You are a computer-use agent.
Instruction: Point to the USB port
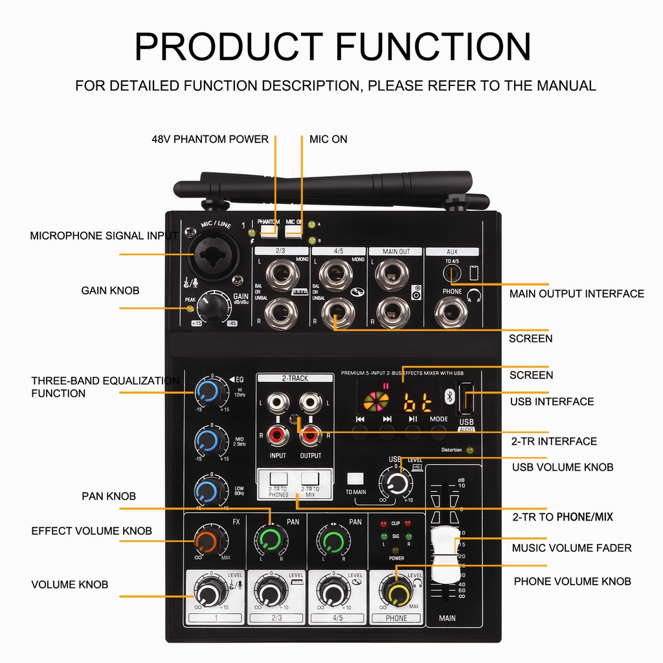[x=466, y=401]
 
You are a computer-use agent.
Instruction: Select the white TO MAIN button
[x=355, y=479]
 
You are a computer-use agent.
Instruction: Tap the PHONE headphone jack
[x=451, y=313]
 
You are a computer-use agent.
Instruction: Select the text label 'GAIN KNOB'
[x=110, y=291]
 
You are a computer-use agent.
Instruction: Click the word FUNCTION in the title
[x=433, y=47]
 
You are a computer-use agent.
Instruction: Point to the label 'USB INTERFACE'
[x=552, y=401]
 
